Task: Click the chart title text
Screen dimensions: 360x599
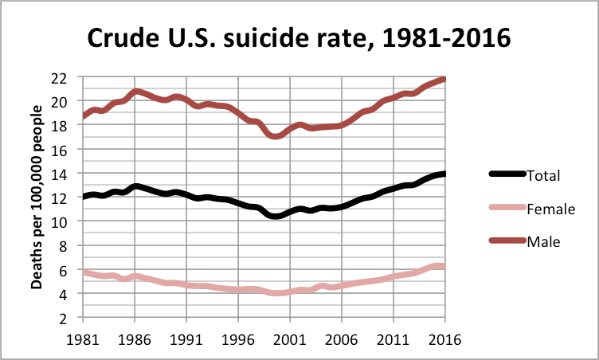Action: (298, 37)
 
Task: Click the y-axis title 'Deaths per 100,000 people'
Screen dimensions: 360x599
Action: (37, 198)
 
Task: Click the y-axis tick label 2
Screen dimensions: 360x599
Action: (70, 318)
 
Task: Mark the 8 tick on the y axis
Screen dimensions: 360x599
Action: (70, 246)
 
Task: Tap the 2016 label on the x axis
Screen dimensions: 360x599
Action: (444, 337)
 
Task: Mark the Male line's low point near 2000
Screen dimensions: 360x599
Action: (276, 136)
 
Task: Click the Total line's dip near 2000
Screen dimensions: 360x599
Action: (276, 216)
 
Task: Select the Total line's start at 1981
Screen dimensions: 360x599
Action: (84, 197)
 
